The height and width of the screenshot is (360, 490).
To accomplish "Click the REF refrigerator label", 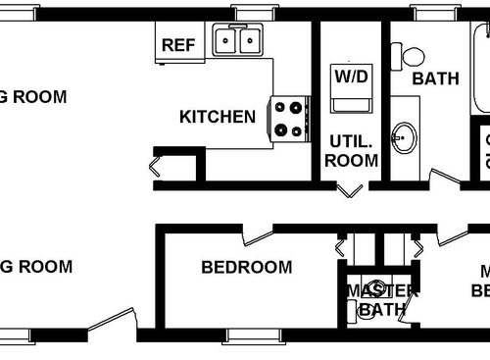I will [x=177, y=44].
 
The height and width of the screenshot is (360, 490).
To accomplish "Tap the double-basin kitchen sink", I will [x=239, y=41].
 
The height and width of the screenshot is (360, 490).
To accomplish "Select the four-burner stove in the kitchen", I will [x=290, y=120].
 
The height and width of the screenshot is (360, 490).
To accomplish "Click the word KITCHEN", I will [x=218, y=117].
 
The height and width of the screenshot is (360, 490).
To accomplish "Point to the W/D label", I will [x=350, y=77].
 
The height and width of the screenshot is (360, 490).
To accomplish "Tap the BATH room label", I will [x=435, y=78].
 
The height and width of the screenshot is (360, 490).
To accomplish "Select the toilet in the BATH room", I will [x=408, y=57].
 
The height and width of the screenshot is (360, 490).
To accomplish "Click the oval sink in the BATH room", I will [x=403, y=137].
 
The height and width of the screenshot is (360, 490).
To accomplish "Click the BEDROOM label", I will [x=246, y=267].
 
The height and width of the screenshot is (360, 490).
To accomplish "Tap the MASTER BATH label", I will [x=381, y=300].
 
